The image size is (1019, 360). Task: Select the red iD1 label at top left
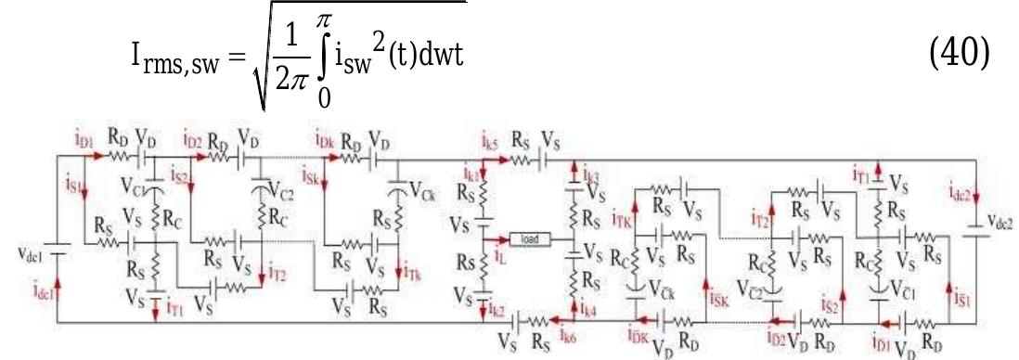point(84,139)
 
